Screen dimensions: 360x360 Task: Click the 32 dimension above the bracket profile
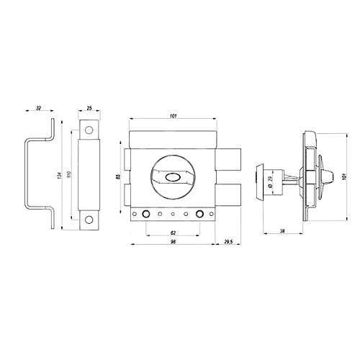click(38, 108)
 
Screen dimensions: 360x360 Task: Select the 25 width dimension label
click(89, 108)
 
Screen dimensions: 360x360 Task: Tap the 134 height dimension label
click(60, 175)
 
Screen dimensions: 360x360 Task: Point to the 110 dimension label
click(71, 174)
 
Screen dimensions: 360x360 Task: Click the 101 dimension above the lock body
click(173, 116)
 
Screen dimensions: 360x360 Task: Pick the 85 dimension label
click(118, 177)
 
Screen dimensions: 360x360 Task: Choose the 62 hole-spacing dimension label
click(173, 233)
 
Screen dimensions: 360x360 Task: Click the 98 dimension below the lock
click(173, 242)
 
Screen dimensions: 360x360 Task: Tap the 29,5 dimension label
click(228, 242)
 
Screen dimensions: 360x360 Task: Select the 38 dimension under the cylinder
click(282, 231)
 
